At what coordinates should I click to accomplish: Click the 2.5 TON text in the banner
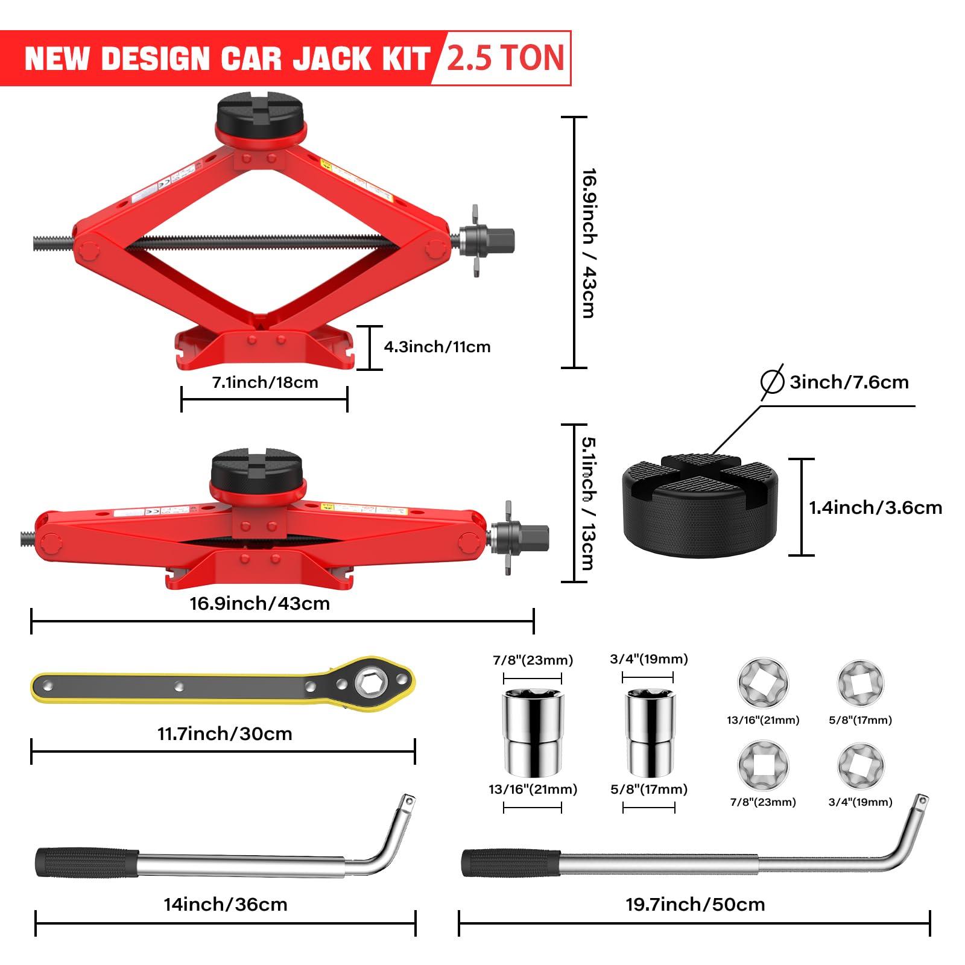[505, 58]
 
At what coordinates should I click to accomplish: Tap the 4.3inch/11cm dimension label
[437, 347]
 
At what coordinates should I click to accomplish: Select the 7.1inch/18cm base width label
[265, 382]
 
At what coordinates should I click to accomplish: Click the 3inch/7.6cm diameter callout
[848, 382]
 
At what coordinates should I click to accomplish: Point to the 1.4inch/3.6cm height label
[875, 507]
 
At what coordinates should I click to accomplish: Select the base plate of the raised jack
[264, 349]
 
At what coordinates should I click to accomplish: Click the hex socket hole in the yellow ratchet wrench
[368, 683]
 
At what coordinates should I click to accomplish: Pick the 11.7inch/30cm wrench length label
[224, 733]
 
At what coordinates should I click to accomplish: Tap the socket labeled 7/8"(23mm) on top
[533, 733]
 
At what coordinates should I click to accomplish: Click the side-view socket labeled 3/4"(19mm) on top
[650, 733]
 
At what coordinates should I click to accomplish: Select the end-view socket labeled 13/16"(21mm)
[763, 682]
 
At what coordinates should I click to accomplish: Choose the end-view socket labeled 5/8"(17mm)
[860, 682]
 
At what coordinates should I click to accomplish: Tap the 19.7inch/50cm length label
[695, 904]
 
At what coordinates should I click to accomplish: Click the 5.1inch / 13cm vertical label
[588, 504]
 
